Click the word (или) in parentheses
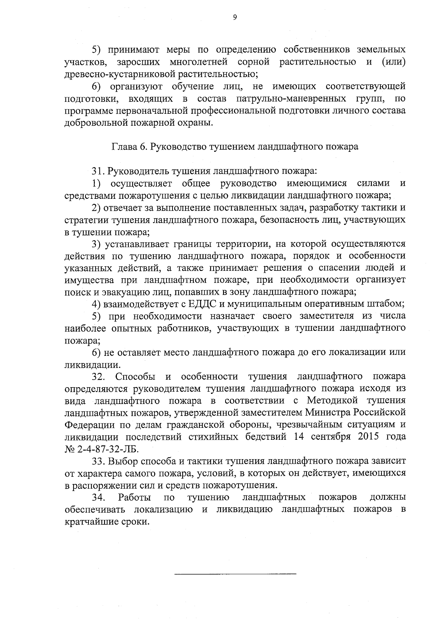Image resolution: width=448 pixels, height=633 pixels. (x=393, y=62)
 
